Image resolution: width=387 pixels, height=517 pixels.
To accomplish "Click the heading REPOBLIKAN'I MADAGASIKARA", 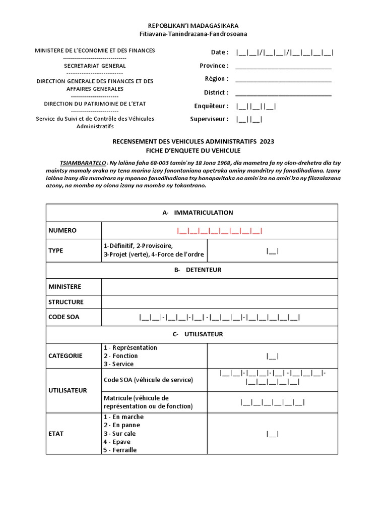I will (x=193, y=25).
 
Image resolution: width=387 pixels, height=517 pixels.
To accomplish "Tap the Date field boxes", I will (x=285, y=53).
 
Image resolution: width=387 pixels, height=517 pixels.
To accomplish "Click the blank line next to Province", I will (x=283, y=66).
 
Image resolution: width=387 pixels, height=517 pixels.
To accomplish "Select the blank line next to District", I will (x=283, y=93).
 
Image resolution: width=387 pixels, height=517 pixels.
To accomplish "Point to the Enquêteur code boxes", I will (x=256, y=107).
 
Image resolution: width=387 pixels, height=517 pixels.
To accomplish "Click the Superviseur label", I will (x=209, y=120).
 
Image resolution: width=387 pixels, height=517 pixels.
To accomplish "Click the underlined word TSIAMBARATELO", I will (x=83, y=164).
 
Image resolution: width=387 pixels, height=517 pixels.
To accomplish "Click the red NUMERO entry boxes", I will (x=219, y=231).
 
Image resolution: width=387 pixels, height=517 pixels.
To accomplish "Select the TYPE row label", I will (x=56, y=250).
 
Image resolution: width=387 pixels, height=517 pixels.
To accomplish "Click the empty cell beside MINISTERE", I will (x=219, y=287).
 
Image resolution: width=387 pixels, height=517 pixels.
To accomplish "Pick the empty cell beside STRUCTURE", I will (x=219, y=302).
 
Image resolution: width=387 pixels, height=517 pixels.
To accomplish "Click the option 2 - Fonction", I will (x=120, y=356).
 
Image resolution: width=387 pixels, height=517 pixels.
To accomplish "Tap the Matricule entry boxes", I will (x=272, y=402).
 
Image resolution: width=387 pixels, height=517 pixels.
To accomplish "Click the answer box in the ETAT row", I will (x=272, y=434).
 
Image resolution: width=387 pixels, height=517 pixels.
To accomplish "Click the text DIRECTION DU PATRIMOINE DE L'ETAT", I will (x=95, y=104).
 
